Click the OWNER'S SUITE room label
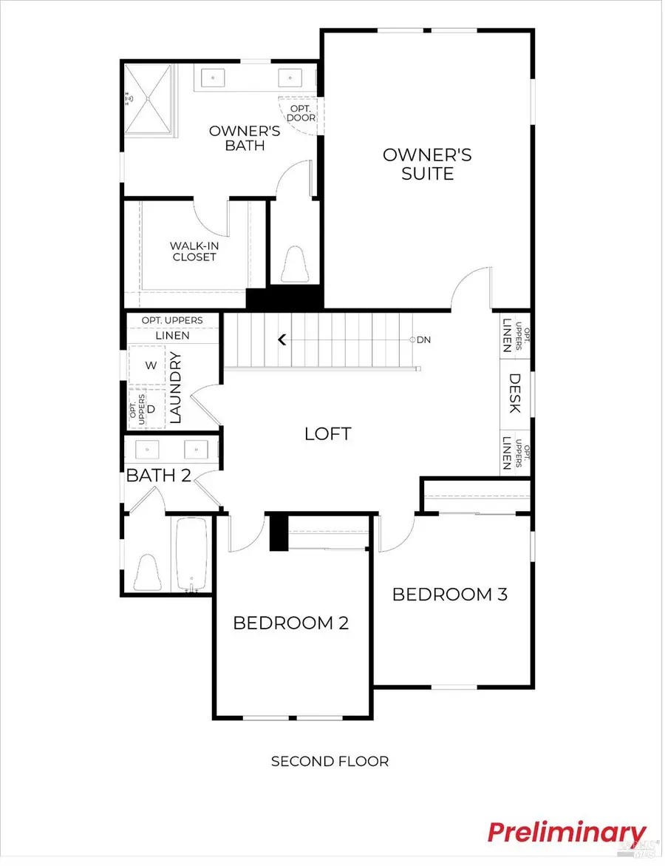click(427, 164)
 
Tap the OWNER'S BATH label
click(235, 138)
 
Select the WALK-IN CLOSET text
click(194, 251)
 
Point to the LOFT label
click(327, 434)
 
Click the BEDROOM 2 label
click(290, 623)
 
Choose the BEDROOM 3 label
click(449, 594)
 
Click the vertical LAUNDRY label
click(176, 388)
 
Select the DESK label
click(515, 393)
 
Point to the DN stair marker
click(423, 340)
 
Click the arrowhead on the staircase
click(282, 340)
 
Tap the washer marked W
click(151, 365)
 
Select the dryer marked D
click(151, 408)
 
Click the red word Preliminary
click(566, 832)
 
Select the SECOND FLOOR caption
click(330, 761)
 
